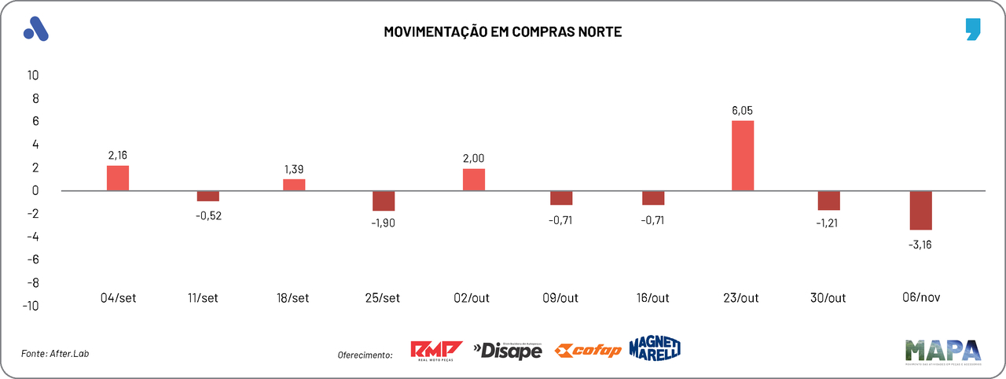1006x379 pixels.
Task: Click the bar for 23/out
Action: pyautogui.click(x=743, y=156)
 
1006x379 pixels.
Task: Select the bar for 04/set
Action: pyautogui.click(x=118, y=178)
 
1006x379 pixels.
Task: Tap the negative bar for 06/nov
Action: pyautogui.click(x=921, y=210)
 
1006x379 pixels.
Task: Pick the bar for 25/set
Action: pyautogui.click(x=384, y=201)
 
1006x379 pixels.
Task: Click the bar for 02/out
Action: pyautogui.click(x=474, y=179)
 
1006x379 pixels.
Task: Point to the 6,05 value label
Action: pyautogui.click(x=743, y=111)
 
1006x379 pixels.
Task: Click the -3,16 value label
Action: pyautogui.click(x=920, y=245)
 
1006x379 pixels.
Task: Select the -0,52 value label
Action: pyautogui.click(x=208, y=216)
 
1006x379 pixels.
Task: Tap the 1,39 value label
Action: pyautogui.click(x=295, y=169)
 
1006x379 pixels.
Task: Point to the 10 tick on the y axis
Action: pyautogui.click(x=33, y=75)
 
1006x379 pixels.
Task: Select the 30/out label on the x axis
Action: pyautogui.click(x=828, y=298)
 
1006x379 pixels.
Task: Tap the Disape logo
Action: pyautogui.click(x=508, y=350)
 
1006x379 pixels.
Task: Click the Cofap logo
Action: pyautogui.click(x=587, y=351)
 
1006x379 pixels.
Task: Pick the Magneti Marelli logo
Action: pyautogui.click(x=655, y=348)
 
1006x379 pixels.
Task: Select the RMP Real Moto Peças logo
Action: pyautogui.click(x=437, y=351)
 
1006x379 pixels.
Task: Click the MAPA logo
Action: pyautogui.click(x=942, y=351)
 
